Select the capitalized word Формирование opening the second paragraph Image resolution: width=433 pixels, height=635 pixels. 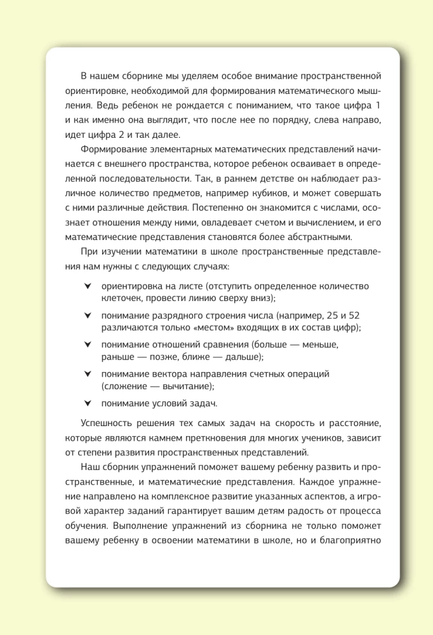[113, 149]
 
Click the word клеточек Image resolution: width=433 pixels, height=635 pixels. [122, 298]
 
